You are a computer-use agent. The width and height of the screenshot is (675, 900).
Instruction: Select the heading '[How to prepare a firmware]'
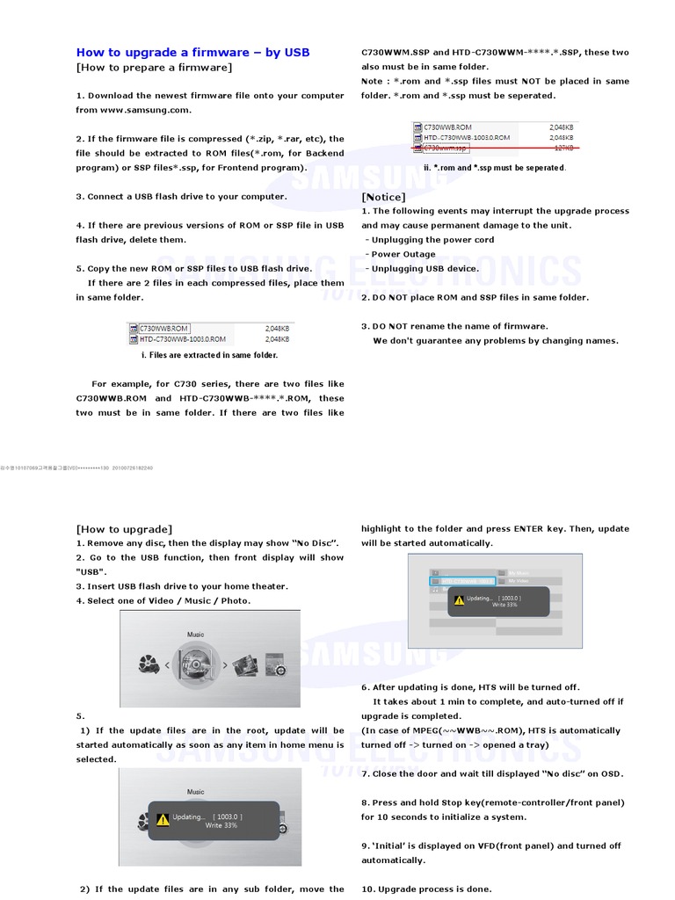[154, 68]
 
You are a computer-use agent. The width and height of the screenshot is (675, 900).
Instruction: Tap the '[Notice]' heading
[383, 197]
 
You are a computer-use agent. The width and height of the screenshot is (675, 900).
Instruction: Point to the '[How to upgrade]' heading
[124, 529]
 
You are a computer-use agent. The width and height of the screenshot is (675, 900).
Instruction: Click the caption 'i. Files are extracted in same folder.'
[209, 355]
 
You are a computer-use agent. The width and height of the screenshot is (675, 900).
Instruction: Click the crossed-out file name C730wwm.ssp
[446, 148]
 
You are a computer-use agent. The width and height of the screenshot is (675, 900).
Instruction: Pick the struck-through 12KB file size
[562, 148]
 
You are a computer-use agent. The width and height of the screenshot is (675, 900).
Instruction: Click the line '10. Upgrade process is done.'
[426, 889]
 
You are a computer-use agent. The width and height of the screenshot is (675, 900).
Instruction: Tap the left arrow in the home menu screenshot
[168, 666]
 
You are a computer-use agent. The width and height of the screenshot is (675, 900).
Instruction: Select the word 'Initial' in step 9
[387, 846]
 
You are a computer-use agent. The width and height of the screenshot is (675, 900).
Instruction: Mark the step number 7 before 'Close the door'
[365, 773]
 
